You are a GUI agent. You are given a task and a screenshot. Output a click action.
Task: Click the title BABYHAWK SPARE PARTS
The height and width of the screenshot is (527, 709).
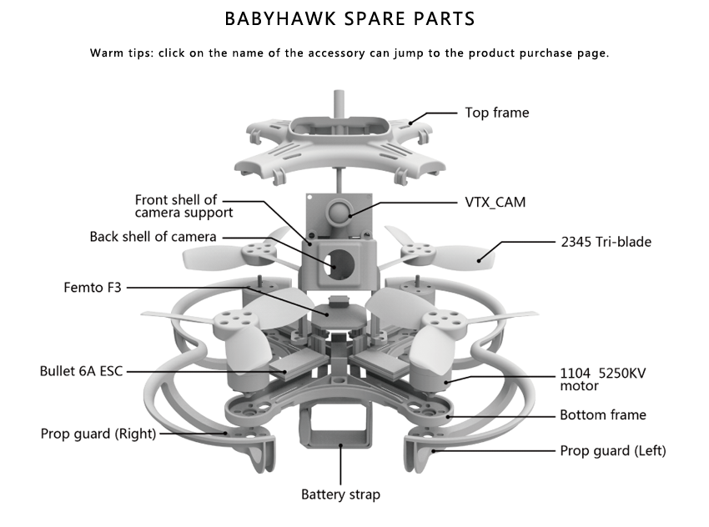pos(350,18)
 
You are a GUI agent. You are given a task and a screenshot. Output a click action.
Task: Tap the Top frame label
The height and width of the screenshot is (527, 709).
pos(496,113)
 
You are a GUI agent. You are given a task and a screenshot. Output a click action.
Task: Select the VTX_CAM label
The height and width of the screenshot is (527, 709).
pos(495,202)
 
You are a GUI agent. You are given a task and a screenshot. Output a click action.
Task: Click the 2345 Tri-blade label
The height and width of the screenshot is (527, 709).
pos(606,243)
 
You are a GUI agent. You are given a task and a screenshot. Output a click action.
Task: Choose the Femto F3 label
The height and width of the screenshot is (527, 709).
pos(93,288)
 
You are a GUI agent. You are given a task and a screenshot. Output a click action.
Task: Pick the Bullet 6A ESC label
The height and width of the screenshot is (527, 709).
pos(81,370)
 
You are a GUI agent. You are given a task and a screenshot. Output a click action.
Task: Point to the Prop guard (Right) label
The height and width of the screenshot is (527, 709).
pos(98,434)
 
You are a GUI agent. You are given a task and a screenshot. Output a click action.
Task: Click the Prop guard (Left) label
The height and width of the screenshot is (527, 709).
pos(612,451)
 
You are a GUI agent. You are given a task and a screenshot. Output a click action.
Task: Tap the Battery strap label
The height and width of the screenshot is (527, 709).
pos(340,494)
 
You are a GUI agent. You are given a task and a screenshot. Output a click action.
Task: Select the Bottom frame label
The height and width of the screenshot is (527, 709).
pos(602,414)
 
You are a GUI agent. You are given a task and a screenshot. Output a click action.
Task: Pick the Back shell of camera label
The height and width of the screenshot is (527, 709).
pos(153,237)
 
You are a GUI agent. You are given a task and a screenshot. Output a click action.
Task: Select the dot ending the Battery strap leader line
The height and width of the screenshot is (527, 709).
pos(342,446)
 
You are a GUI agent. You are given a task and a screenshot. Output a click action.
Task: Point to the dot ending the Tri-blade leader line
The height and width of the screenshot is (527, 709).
pos(481,260)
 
